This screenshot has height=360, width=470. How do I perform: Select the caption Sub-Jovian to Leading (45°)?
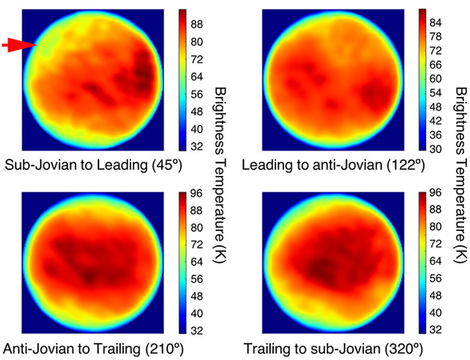coord(93,165)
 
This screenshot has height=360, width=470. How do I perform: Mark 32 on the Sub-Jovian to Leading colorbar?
coord(195,146)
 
